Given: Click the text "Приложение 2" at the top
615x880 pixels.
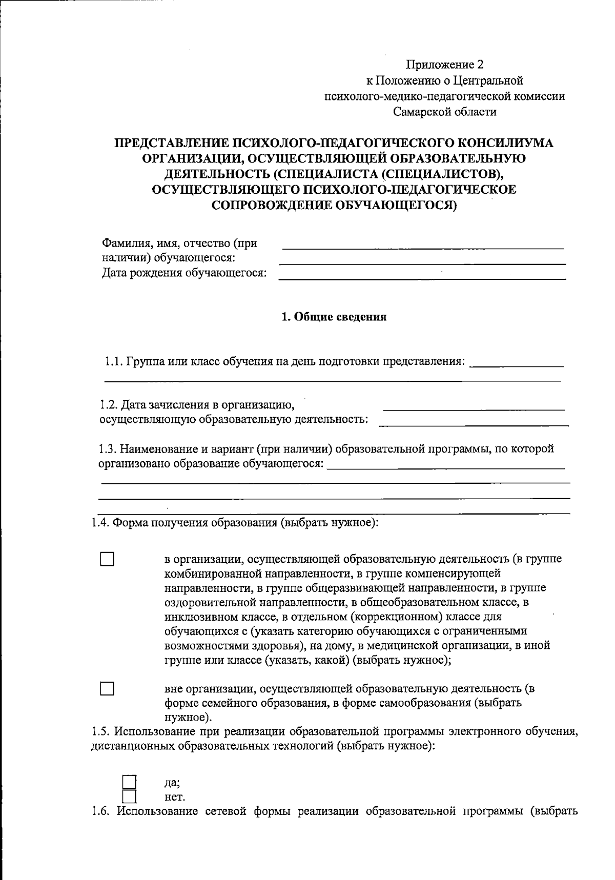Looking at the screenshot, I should [x=445, y=65].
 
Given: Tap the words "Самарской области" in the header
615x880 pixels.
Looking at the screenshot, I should [x=445, y=111].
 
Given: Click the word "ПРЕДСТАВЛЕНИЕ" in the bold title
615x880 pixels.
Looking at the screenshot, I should [x=172, y=143].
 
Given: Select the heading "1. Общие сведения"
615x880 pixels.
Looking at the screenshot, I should [x=334, y=317].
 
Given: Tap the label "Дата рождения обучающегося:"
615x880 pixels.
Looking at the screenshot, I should [x=184, y=273].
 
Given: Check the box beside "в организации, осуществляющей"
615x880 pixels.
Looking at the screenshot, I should [x=107, y=559].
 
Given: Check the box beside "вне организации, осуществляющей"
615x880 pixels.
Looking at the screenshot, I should [x=107, y=688].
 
